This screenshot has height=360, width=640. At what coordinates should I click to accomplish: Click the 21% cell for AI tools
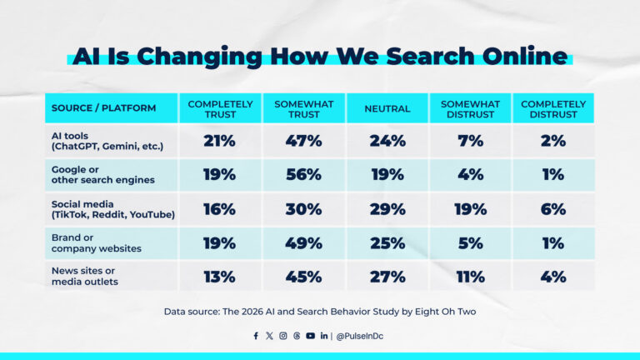click(220, 141)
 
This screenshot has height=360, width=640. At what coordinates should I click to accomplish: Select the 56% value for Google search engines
click(303, 175)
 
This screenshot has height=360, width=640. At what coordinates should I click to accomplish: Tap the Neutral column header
click(387, 108)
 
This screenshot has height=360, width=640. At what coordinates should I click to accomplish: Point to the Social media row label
click(112, 209)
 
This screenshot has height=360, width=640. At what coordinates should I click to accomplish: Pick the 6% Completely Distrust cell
click(552, 209)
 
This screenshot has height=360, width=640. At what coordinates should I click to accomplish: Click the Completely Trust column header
click(220, 108)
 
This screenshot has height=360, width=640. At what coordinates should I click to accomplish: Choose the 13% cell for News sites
click(220, 277)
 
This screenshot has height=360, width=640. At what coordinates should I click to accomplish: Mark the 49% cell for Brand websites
click(303, 242)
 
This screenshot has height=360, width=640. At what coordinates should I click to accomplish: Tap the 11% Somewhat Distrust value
click(470, 277)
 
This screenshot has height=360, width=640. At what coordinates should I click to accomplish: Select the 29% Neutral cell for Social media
click(387, 209)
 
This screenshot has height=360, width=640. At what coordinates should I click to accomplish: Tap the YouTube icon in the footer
click(310, 336)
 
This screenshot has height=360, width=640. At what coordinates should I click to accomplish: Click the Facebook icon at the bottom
click(256, 336)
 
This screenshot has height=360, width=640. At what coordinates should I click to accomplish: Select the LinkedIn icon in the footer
click(323, 336)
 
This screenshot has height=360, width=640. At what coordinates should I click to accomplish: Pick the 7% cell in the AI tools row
click(470, 141)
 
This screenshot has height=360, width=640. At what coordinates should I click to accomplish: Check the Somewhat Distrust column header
click(470, 108)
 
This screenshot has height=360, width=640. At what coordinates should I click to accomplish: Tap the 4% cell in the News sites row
click(552, 277)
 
